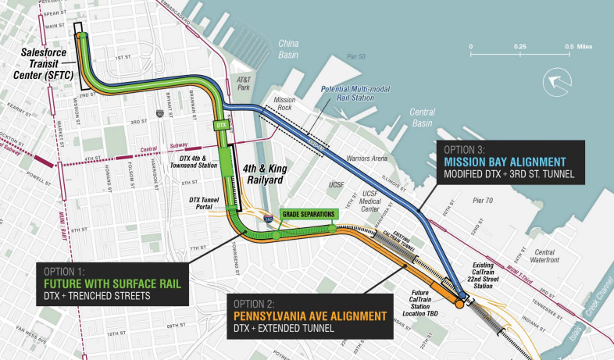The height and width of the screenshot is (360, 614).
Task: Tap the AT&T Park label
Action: [x=245, y=84]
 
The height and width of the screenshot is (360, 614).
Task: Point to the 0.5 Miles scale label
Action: [x=580, y=47]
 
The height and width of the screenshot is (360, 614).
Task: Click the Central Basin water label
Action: [x=422, y=117]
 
